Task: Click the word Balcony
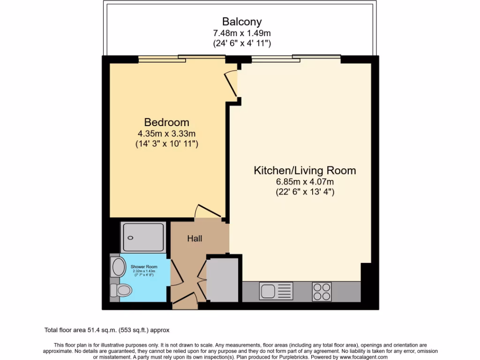point(241,22)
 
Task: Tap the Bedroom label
point(166,122)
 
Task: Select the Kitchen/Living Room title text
point(305,170)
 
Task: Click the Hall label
point(195,239)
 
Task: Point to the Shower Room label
point(144,267)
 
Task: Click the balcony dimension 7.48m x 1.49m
point(241,33)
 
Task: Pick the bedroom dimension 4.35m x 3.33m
point(166,133)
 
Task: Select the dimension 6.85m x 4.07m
point(305,181)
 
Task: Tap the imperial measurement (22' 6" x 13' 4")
point(305,192)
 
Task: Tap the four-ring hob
point(322,291)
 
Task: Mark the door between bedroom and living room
point(231,84)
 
